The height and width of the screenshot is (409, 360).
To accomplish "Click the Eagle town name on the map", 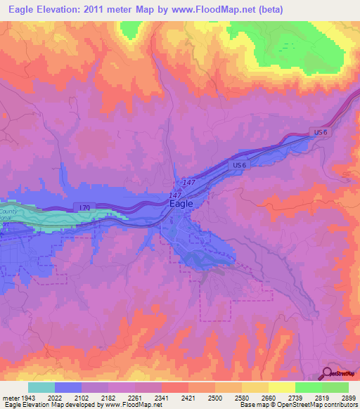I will click(x=181, y=204).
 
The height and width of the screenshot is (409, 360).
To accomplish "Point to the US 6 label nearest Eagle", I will click(x=240, y=165).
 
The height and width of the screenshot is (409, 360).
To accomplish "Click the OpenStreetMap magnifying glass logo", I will click(x=328, y=374).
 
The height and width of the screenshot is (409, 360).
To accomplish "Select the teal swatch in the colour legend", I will click(x=41, y=387).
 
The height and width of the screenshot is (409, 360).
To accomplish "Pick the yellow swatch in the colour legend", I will click(x=281, y=387).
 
